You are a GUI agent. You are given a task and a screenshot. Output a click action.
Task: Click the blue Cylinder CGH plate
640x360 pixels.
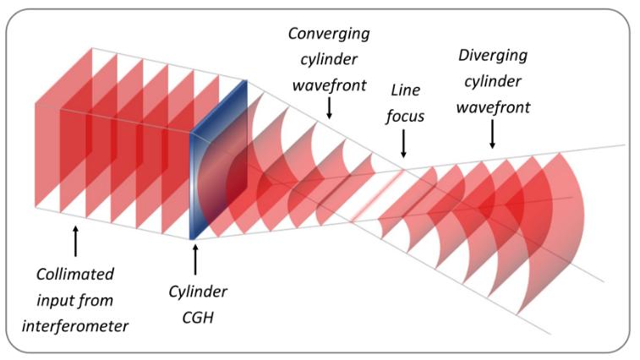click(x=219, y=161)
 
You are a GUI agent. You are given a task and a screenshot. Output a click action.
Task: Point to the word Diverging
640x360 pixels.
click(x=492, y=56)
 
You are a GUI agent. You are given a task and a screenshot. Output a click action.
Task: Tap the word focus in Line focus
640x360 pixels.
click(x=403, y=114)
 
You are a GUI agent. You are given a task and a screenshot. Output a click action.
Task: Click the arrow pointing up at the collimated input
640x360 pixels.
click(x=76, y=242)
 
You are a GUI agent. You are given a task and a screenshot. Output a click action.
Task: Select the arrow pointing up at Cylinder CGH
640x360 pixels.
click(x=195, y=257)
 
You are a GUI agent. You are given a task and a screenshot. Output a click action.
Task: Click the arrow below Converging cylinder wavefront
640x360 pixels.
click(x=329, y=106)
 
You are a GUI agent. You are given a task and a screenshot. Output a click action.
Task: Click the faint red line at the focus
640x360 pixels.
click(x=372, y=203)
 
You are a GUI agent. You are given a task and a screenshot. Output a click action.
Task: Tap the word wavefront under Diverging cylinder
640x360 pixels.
click(x=494, y=107)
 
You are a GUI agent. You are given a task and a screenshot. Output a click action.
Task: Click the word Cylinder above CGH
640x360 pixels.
click(x=195, y=293)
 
